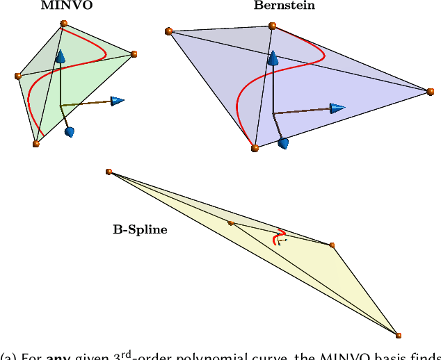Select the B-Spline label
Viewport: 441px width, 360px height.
(140, 229)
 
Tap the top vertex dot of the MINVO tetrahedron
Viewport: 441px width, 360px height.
(64, 24)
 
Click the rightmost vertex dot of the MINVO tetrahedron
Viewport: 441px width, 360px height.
(134, 54)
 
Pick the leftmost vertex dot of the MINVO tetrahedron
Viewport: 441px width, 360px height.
(18, 76)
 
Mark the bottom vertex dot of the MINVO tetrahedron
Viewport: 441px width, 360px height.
(36, 144)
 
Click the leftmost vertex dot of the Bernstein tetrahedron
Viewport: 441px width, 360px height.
(168, 31)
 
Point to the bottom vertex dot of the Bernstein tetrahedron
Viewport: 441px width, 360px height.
(255, 148)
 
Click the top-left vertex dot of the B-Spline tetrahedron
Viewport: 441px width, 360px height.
(109, 172)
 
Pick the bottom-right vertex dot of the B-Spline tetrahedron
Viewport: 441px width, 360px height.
(399, 335)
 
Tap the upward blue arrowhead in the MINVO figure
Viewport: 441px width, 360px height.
(61, 58)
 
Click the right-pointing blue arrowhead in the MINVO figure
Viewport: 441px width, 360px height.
(118, 101)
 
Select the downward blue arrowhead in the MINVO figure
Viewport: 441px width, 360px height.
(69, 131)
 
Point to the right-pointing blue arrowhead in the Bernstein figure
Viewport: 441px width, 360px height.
(338, 108)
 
